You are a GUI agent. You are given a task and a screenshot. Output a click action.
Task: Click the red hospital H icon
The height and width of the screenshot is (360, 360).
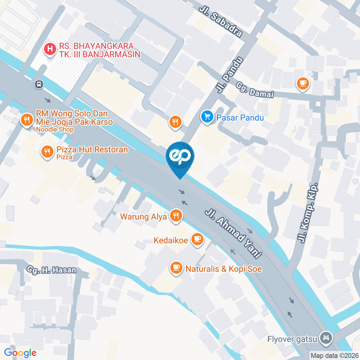point(49,49)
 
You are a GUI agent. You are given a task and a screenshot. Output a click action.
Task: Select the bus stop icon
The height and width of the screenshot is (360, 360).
point(39,84)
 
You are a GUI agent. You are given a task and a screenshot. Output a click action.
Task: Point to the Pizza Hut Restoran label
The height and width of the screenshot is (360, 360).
point(92,150)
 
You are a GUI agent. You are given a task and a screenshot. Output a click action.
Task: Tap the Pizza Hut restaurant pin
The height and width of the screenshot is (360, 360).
point(47,151)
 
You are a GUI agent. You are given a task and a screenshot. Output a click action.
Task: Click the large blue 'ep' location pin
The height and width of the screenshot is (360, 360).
point(180,157)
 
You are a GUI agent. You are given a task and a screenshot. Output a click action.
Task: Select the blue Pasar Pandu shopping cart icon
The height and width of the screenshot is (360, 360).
point(207,117)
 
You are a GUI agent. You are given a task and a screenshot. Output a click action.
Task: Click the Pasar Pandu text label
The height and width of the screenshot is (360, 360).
point(240,118)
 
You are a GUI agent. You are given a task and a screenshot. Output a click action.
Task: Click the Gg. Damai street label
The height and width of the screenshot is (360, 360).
point(255,90)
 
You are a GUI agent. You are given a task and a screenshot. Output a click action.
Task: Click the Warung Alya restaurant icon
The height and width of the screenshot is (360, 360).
point(175,215)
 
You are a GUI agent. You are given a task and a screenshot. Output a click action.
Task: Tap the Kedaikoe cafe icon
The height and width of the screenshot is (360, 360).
point(197,238)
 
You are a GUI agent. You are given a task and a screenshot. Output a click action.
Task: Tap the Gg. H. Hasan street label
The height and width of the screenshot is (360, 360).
point(51,270)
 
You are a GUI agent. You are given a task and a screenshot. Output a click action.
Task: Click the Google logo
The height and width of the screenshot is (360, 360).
point(20,352)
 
